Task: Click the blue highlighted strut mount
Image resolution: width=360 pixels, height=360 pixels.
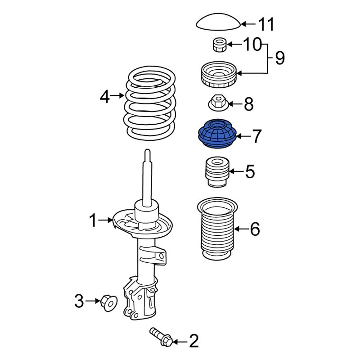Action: [x=217, y=135]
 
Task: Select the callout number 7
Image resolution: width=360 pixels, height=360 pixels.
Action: [x=256, y=136]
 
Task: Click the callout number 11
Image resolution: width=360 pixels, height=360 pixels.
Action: [x=265, y=24]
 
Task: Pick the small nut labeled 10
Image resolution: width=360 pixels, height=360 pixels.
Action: [x=218, y=45]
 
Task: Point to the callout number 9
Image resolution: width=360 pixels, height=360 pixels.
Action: [x=279, y=58]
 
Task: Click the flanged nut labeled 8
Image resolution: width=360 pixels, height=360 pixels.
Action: [x=217, y=103]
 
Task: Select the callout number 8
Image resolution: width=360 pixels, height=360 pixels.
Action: [x=248, y=105]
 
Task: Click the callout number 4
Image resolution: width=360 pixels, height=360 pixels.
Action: [x=104, y=96]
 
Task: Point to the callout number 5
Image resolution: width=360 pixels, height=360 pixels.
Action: [x=250, y=171]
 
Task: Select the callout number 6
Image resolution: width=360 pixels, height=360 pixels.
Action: [x=255, y=229]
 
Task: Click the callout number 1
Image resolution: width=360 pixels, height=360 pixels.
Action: [x=93, y=220]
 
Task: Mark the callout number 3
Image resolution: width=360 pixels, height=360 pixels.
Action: [x=79, y=301]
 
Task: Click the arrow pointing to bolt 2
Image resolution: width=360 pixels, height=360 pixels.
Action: [x=180, y=342]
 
